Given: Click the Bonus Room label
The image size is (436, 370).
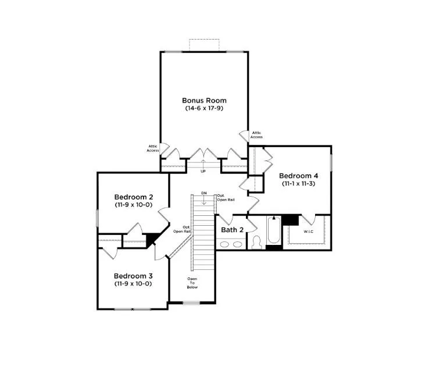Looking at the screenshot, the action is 204,101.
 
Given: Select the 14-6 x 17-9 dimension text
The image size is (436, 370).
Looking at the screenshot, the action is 204,108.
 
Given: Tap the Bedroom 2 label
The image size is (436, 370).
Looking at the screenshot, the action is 134,197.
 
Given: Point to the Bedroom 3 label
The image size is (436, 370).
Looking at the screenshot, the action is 133,276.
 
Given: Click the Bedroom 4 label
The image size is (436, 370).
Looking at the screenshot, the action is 298,176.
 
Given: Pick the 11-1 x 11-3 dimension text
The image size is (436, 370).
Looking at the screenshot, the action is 298,184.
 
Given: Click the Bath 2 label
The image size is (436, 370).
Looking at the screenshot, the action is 232,230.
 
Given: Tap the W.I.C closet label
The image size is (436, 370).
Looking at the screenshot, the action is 308,232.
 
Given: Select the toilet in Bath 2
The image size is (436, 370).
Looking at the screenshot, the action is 256,243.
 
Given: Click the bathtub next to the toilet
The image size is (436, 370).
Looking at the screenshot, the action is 274,230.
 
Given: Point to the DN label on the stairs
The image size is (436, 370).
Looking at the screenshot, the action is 204,193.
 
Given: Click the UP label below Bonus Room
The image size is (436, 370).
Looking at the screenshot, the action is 203,172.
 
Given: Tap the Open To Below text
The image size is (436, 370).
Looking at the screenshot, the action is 192,283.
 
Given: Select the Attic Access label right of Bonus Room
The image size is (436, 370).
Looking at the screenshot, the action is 256,135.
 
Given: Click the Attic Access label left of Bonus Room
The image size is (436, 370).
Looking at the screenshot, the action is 153,148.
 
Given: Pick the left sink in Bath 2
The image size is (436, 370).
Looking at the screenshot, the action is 224,244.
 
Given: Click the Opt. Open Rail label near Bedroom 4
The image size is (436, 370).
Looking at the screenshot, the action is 226,198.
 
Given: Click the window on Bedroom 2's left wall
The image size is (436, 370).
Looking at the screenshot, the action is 98,218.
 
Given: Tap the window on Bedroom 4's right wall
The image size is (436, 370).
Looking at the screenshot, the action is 331,163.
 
